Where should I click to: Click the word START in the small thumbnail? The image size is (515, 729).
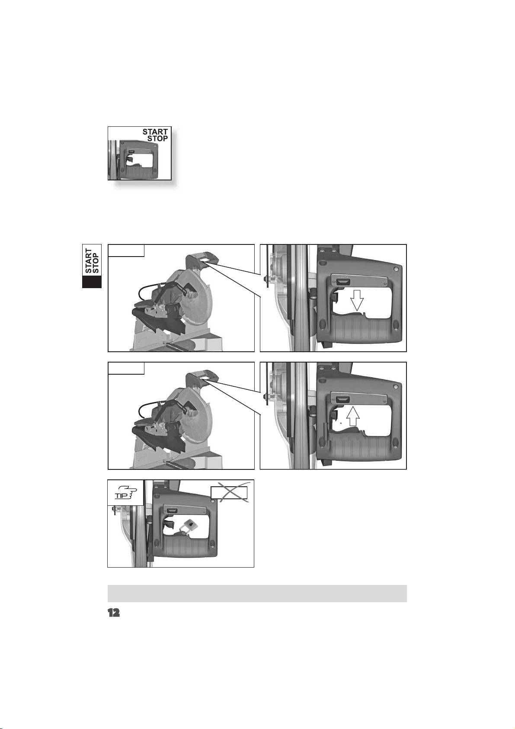point(155,132)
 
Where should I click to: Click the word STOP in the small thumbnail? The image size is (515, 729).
point(157,138)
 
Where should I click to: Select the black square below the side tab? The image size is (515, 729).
point(92,282)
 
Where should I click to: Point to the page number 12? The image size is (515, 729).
point(114,613)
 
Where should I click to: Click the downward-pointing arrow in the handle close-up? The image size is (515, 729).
point(357,301)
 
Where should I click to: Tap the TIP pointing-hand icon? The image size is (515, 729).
point(125,492)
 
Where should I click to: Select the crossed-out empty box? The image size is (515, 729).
point(229,492)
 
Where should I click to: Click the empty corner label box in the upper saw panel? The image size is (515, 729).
point(126,250)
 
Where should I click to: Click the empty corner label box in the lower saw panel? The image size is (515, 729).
point(126,368)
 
